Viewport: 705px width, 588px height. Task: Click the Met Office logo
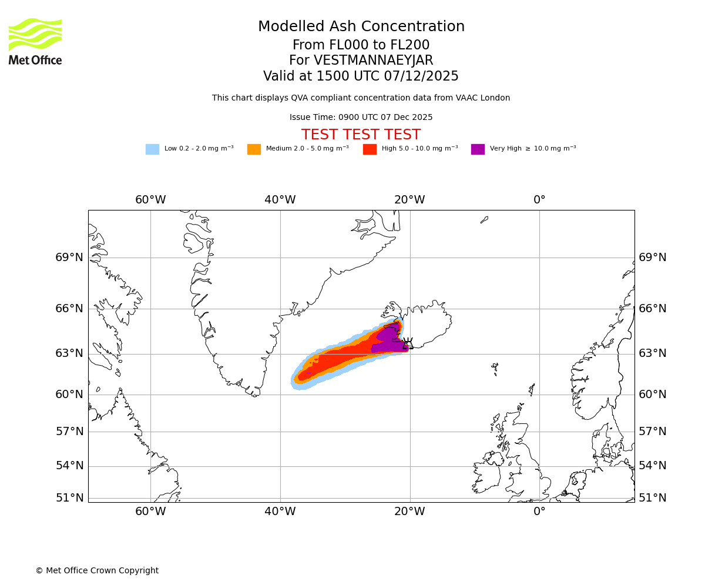[x=35, y=41]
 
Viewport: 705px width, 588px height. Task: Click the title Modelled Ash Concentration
[x=361, y=26]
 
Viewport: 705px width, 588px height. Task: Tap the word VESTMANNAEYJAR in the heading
[x=374, y=61]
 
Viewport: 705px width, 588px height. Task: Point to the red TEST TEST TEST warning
[x=361, y=135]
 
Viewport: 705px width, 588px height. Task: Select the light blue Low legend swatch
[x=152, y=149]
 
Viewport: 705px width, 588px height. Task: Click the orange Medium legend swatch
[x=254, y=149]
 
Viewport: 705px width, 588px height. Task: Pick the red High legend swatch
[x=370, y=149]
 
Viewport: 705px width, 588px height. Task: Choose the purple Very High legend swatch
[x=478, y=149]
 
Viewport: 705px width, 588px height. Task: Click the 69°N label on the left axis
[x=69, y=258]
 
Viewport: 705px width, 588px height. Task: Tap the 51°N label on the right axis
[x=653, y=498]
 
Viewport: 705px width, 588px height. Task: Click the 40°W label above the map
[x=280, y=200]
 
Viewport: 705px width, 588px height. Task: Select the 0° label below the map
[x=539, y=512]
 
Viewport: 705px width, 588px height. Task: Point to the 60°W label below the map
[x=150, y=512]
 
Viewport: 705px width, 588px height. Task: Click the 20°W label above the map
[x=409, y=200]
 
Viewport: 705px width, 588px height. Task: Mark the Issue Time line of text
[x=361, y=118]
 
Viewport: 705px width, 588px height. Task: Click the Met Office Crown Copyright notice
[x=97, y=570]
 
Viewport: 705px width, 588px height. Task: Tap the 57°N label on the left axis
[x=69, y=432]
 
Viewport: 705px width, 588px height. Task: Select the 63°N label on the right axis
[x=653, y=353]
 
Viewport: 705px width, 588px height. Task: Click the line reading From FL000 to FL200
[x=361, y=45]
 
